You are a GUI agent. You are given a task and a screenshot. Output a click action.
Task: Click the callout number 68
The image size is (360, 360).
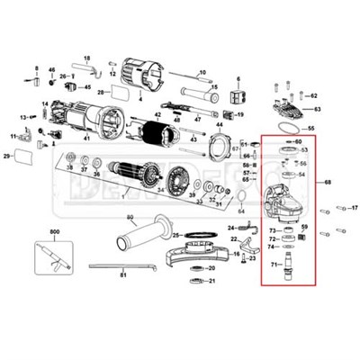coord(328,183)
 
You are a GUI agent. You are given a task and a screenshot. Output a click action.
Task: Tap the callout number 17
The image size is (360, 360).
coord(354,208)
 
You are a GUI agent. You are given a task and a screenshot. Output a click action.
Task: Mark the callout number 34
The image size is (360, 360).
coord(159,191)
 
